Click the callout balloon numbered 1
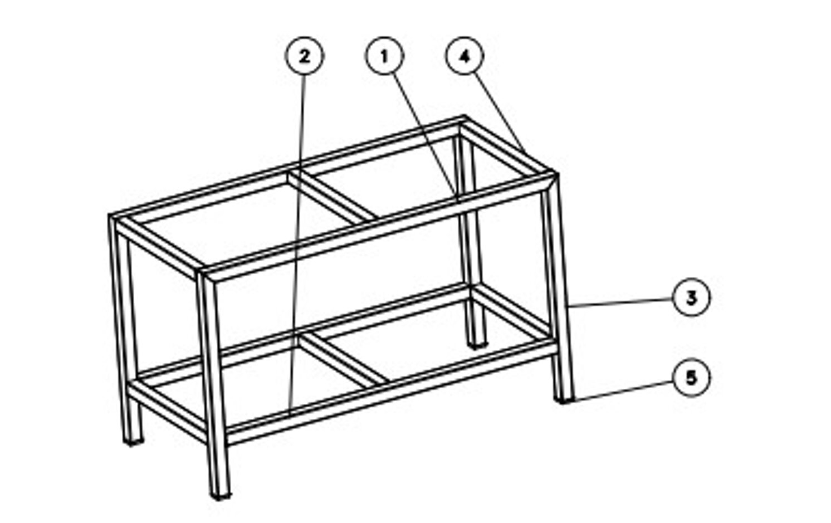pyautogui.click(x=384, y=56)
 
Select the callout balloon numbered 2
pyautogui.click(x=304, y=56)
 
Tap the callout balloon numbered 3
pyautogui.click(x=691, y=297)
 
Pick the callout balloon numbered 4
pyautogui.click(x=465, y=56)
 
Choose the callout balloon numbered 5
pyautogui.click(x=691, y=378)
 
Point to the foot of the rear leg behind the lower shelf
pyautogui.click(x=477, y=346)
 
